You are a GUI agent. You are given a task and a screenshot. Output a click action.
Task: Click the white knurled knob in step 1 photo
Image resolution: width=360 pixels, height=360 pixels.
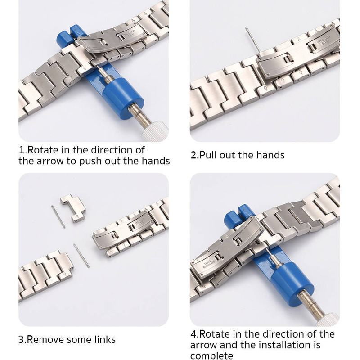point(155,132)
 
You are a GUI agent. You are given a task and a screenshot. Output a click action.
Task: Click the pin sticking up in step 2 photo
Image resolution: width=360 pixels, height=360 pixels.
point(253,40)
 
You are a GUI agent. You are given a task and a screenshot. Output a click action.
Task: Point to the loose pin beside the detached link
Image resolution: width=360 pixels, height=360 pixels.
point(58,217)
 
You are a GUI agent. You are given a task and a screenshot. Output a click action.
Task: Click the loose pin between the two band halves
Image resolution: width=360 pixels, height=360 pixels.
point(81,256)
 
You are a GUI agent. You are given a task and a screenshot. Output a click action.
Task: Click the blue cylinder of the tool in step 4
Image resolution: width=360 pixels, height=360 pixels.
point(292,284)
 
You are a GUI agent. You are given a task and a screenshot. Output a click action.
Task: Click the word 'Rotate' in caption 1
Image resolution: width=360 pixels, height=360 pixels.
point(43,150)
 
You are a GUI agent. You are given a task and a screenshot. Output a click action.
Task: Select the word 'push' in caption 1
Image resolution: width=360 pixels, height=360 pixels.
point(90,161)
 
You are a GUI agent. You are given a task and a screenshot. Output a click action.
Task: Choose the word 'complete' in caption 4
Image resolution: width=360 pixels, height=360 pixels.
point(211,355)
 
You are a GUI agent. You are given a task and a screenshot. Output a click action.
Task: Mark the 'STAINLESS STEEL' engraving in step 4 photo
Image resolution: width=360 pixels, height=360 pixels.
point(208,264)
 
